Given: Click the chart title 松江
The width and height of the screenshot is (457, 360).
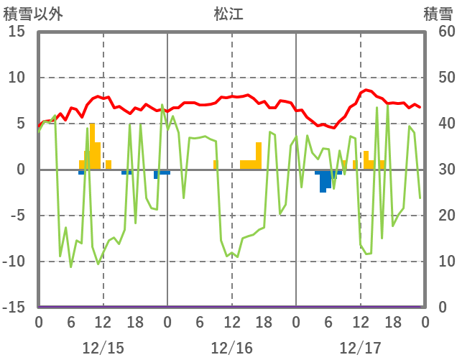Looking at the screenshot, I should click(229, 14).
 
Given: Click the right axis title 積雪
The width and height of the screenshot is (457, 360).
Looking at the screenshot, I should click(438, 14).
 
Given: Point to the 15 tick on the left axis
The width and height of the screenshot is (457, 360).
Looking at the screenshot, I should click(17, 32).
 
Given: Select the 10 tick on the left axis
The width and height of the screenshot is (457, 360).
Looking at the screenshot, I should click(17, 78).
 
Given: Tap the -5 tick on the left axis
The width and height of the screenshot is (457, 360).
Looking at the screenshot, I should click(17, 216).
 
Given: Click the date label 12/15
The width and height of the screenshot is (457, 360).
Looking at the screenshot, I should click(103, 348).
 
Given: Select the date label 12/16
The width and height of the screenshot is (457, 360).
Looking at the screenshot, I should click(231, 348).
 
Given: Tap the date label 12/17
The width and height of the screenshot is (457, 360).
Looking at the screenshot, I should click(360, 348).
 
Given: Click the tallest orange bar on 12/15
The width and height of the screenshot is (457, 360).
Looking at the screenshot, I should click(92, 147).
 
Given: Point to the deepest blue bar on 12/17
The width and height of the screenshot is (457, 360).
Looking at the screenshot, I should click(323, 181).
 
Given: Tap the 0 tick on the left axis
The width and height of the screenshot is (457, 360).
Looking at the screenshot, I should click(22, 170).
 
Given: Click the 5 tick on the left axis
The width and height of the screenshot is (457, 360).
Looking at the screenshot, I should click(22, 124).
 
